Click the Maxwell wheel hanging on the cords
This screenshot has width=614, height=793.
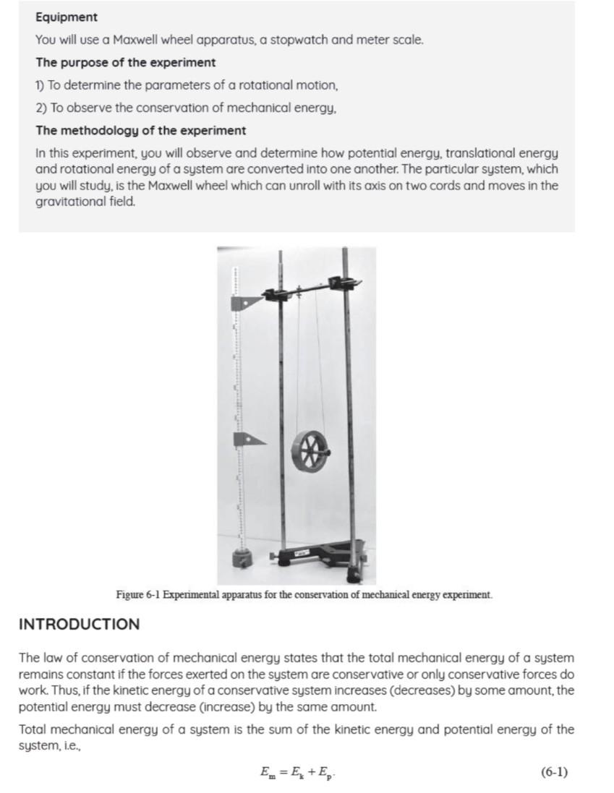310,450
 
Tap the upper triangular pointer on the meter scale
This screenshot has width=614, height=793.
244,302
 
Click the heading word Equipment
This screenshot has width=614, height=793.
67,17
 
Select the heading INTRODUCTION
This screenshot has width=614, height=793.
79,624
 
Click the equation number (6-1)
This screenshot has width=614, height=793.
554,772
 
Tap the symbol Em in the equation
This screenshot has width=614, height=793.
267,773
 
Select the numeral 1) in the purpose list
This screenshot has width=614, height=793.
41,85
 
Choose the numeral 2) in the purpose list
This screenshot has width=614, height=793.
42,108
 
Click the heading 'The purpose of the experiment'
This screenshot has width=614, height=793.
125,62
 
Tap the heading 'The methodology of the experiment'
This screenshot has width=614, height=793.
140,131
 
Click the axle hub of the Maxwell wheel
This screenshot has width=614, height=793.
310,450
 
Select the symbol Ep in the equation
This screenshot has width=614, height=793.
325,773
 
